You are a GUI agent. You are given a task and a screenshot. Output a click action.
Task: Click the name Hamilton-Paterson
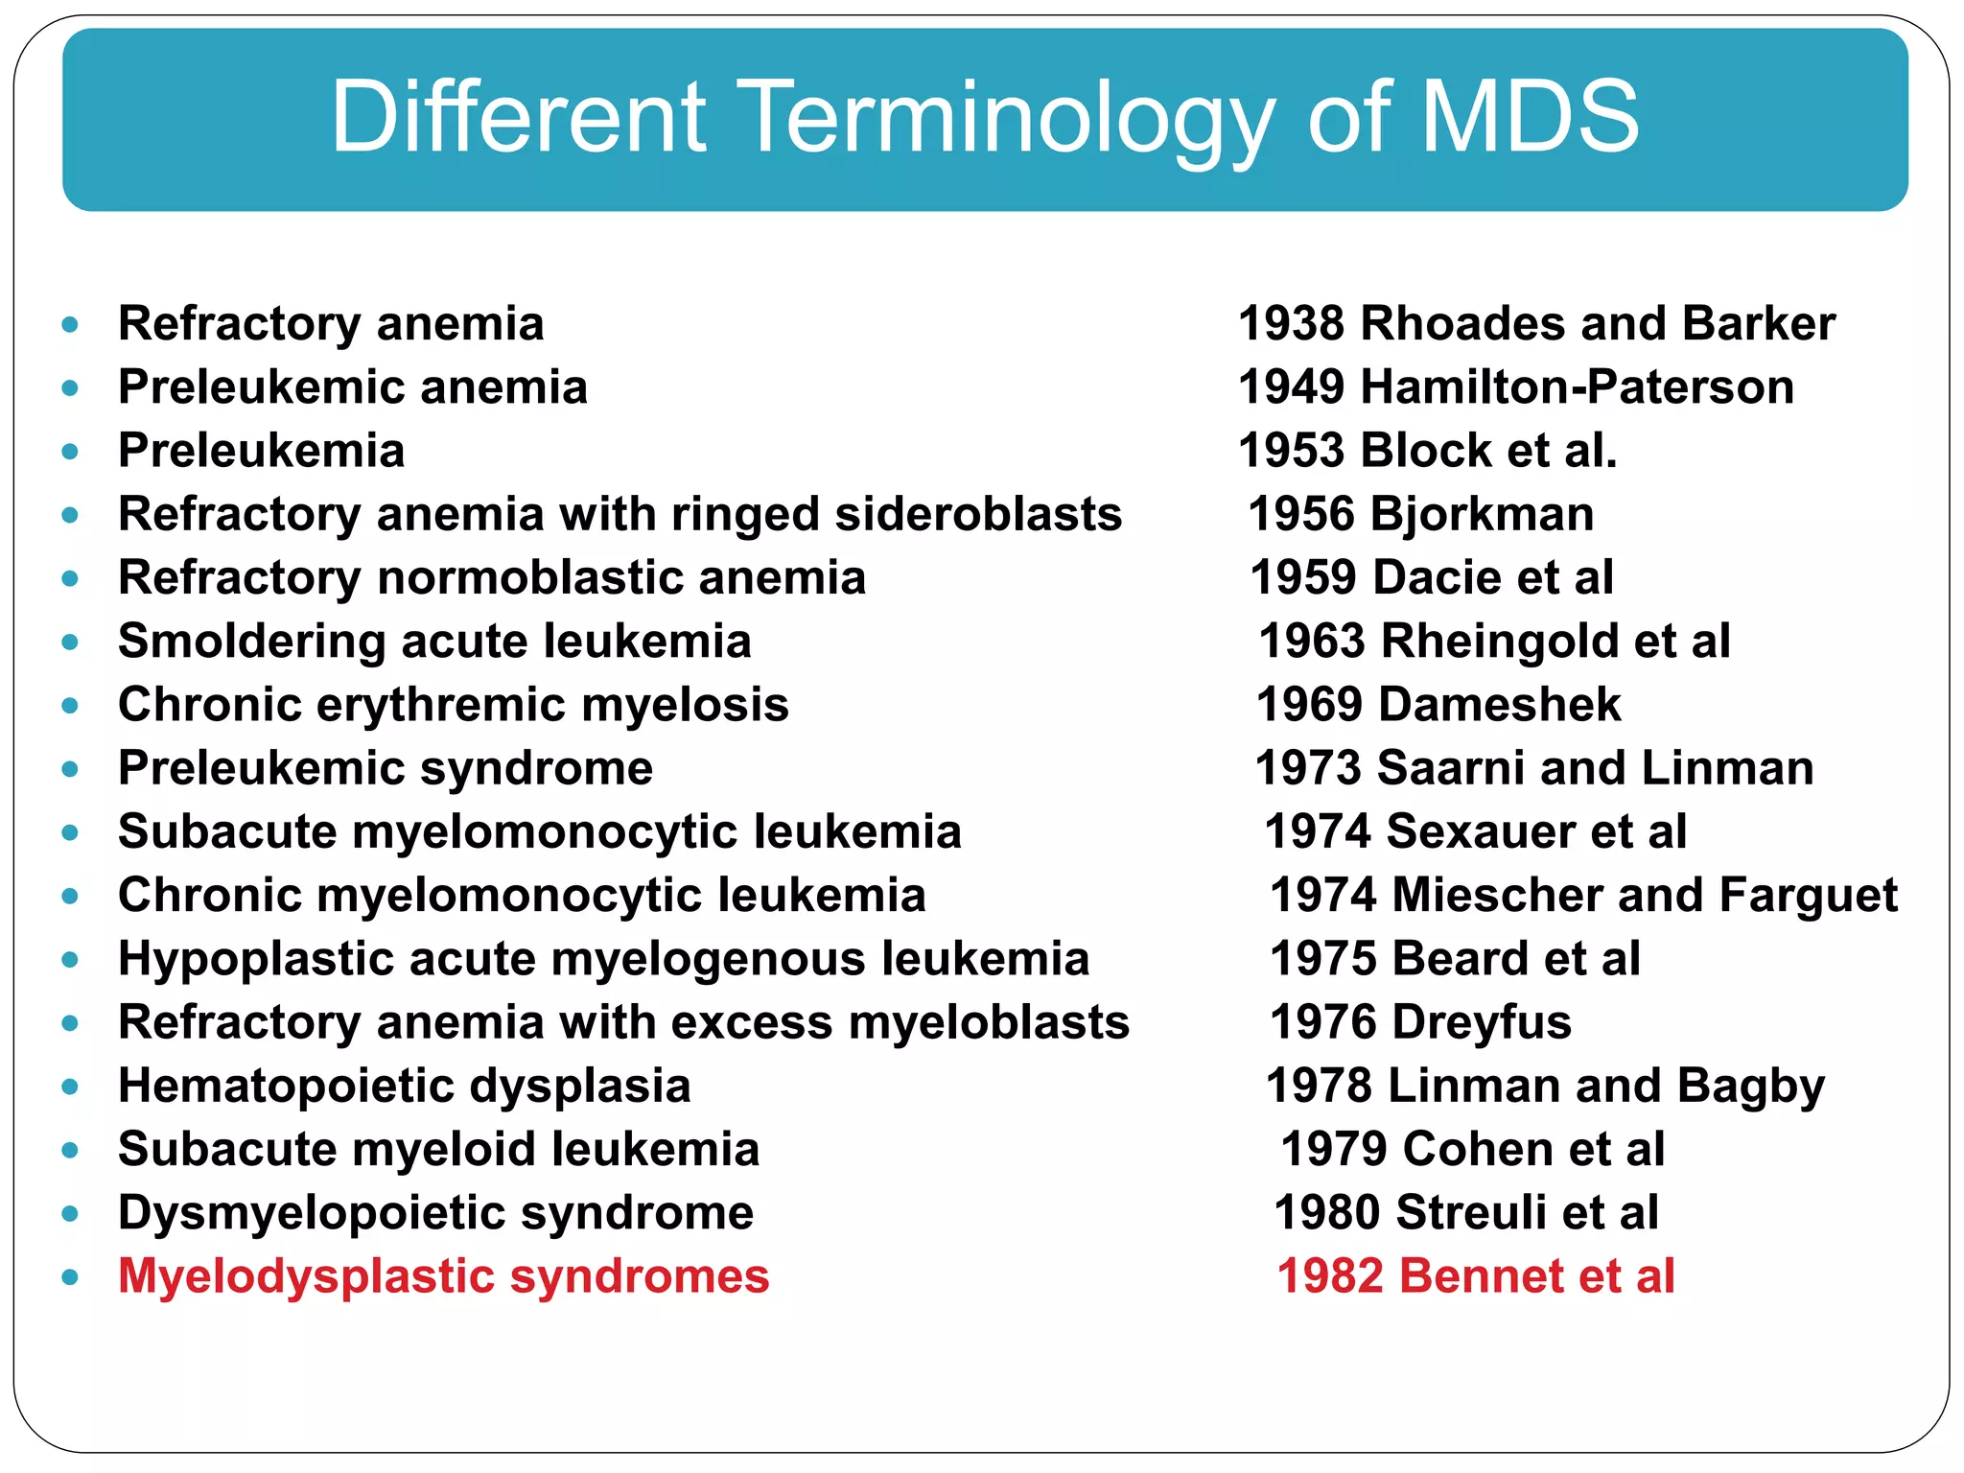click(1577, 387)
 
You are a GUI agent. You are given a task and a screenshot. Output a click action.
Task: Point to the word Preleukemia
click(261, 451)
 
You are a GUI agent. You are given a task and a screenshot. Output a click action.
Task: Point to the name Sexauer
click(1480, 831)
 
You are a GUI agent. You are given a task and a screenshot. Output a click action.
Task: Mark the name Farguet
click(1808, 895)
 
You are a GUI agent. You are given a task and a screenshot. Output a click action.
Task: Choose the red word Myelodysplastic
click(306, 1276)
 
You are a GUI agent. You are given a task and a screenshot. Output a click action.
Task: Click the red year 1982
click(1330, 1276)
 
